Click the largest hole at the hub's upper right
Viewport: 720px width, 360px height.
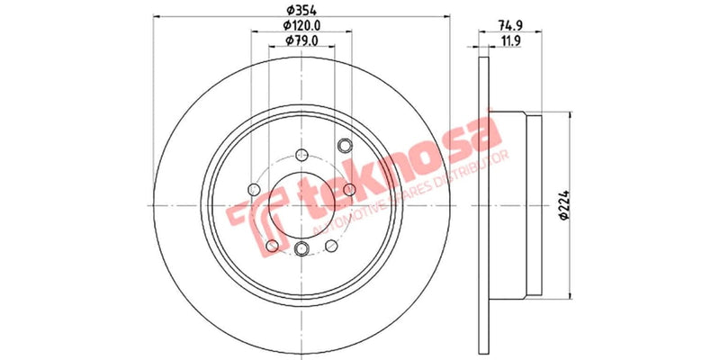[x=344, y=146]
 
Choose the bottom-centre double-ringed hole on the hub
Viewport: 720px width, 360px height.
[x=301, y=248]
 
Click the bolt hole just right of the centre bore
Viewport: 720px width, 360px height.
[x=348, y=189]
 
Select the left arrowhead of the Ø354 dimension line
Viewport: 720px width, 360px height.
[x=159, y=16]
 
